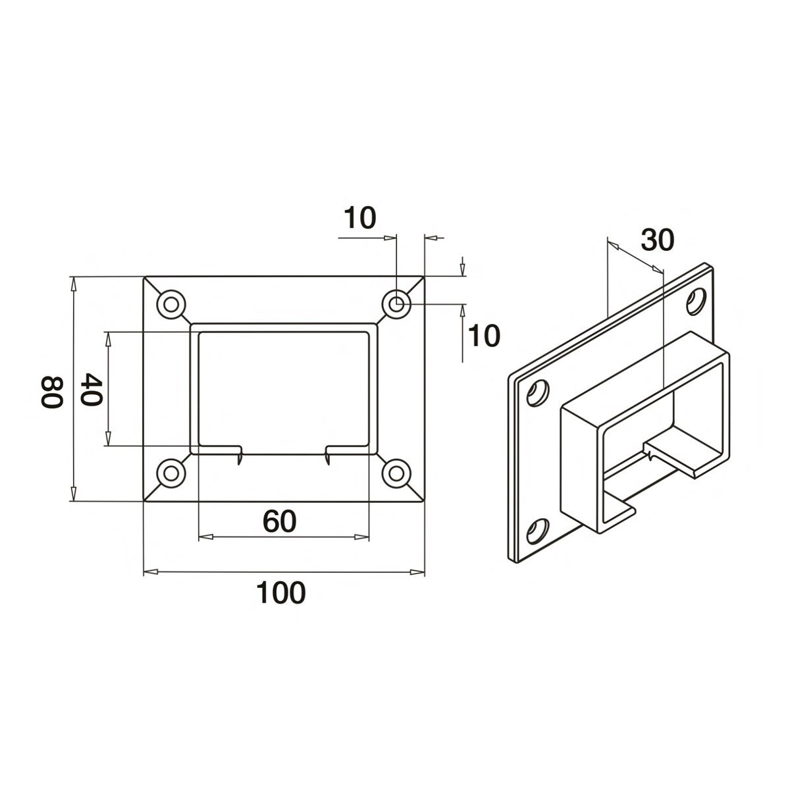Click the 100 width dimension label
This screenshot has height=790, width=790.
281,593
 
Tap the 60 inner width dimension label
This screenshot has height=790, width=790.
280,522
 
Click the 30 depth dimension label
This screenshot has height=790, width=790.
658,241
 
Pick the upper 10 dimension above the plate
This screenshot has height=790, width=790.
359,217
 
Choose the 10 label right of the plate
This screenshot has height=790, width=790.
483,336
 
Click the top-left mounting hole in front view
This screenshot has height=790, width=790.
172,304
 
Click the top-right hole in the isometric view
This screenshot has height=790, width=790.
695,301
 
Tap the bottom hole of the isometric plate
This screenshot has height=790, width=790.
538,531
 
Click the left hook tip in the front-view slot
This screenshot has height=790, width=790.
239,459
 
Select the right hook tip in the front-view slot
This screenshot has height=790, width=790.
328,459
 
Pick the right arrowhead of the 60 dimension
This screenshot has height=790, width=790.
363,537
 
